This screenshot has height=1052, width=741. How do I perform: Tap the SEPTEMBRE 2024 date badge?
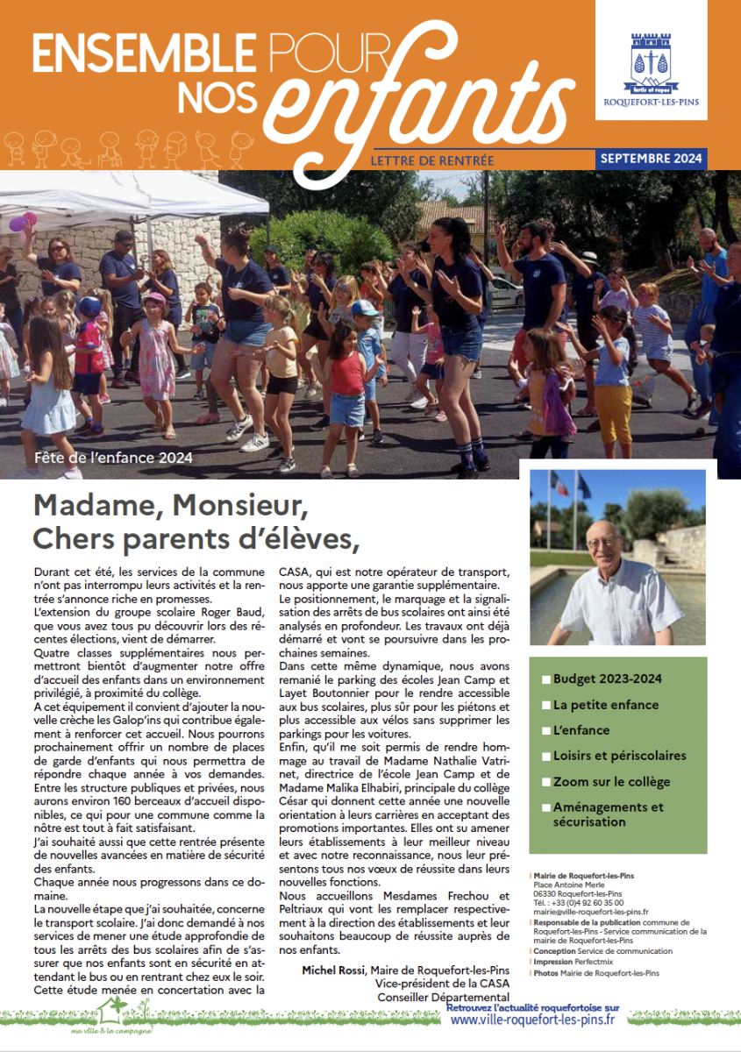coord(652,159)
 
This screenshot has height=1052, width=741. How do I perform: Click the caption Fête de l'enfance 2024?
coord(113,458)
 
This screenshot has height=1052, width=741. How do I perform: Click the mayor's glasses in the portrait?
coord(604,543)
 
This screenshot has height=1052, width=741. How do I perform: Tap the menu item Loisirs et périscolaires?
coord(619,756)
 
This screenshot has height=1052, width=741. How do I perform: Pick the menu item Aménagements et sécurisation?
coord(608,814)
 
